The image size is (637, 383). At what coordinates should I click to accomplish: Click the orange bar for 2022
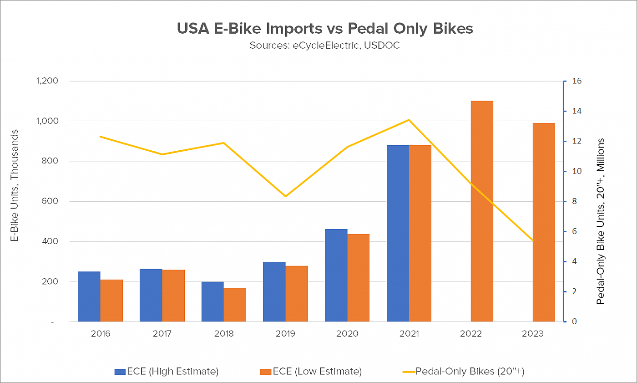pyautogui.click(x=482, y=211)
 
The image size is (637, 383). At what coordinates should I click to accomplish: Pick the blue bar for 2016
pyautogui.click(x=89, y=296)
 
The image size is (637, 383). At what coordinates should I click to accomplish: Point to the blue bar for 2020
pyautogui.click(x=336, y=275)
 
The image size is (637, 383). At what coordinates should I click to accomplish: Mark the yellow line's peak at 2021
pyautogui.click(x=409, y=120)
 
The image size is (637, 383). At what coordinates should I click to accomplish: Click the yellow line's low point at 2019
pyautogui.click(x=285, y=196)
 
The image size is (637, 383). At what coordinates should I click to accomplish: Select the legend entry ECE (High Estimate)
pyautogui.click(x=167, y=372)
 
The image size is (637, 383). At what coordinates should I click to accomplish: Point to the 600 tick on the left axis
pyautogui.click(x=51, y=201)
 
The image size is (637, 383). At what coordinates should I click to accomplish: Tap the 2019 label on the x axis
pyautogui.click(x=285, y=333)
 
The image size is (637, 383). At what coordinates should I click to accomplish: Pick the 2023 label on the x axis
pyautogui.click(x=533, y=333)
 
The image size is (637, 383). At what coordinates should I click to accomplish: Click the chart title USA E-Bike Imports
pyautogui.click(x=325, y=28)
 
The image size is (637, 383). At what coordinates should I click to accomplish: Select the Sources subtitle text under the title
pyautogui.click(x=325, y=46)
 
